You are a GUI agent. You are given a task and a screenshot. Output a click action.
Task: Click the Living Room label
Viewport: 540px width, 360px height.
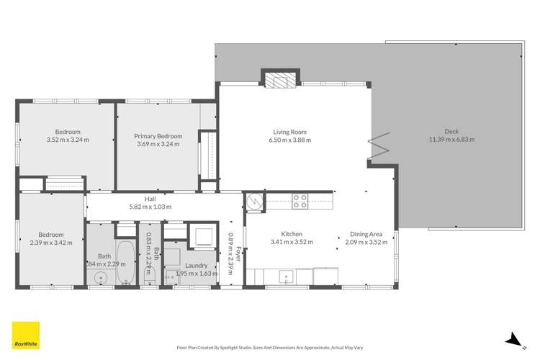[x=289, y=132]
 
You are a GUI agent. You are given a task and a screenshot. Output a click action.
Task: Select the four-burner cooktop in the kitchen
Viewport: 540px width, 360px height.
[x=300, y=202]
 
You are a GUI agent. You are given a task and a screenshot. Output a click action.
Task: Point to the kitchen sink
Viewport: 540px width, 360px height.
[x=286, y=276]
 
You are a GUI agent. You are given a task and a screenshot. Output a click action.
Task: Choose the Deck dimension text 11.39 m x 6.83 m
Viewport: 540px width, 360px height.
[x=451, y=140]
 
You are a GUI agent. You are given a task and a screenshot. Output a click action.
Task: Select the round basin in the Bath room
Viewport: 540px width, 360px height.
[x=100, y=276]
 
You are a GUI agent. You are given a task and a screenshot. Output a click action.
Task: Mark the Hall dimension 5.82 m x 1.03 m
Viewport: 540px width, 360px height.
[x=150, y=207]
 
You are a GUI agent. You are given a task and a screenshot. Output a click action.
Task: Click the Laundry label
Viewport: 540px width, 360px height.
[x=190, y=265]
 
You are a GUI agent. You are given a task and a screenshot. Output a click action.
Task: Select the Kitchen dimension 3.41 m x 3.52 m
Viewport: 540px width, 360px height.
[x=292, y=243]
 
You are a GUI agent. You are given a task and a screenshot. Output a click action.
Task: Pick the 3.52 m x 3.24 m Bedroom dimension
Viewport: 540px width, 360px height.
[x=67, y=140]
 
